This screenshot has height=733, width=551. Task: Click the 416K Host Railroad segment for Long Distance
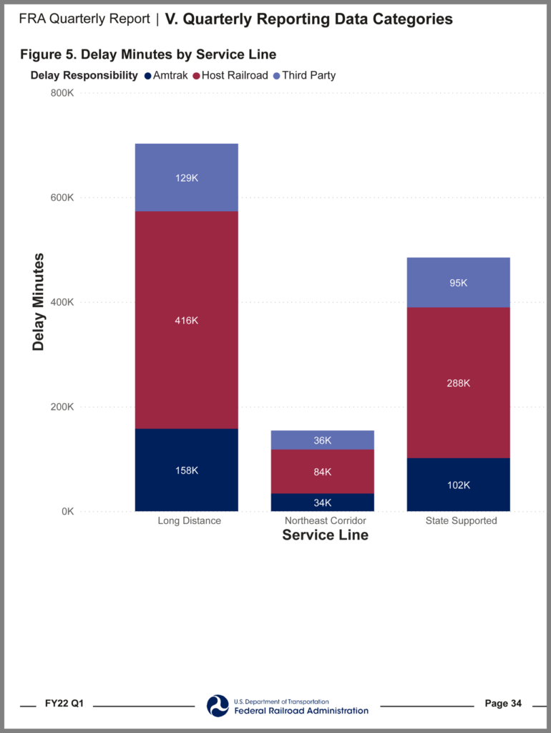click(186, 320)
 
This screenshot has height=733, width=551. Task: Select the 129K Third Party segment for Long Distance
click(186, 178)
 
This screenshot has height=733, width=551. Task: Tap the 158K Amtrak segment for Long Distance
click(186, 470)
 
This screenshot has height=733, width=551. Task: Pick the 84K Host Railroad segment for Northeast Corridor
click(322, 471)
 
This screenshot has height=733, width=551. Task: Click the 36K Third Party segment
click(322, 440)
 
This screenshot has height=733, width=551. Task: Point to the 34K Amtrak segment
click(322, 503)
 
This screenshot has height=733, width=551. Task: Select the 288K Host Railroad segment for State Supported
click(458, 382)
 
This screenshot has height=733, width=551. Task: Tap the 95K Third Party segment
click(458, 283)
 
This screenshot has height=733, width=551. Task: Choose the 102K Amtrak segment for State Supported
click(458, 485)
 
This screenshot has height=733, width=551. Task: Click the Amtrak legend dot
click(147, 75)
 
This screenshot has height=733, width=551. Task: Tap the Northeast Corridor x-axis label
click(325, 520)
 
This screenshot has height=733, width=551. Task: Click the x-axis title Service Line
click(325, 535)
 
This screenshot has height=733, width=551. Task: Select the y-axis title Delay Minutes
click(39, 302)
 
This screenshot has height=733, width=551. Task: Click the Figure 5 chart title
click(148, 54)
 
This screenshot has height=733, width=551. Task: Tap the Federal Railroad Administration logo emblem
click(218, 705)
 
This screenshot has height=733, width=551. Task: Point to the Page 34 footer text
click(503, 704)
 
